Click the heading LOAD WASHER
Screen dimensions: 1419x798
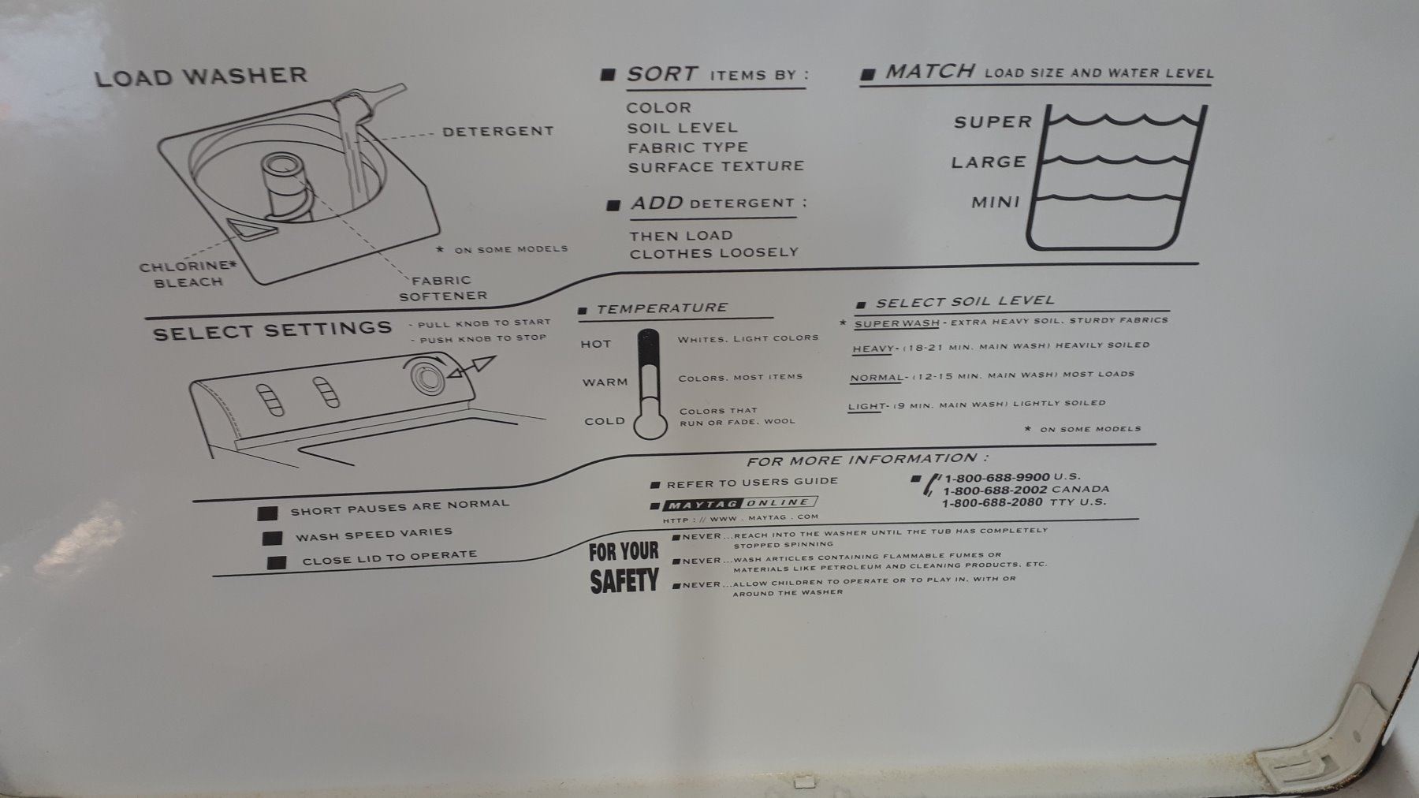[201, 76]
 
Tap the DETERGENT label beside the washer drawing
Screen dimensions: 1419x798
[498, 131]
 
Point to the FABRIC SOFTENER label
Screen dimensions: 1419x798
[443, 288]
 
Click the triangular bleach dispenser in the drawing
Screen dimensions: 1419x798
[249, 229]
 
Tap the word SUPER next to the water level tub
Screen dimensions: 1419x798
[993, 121]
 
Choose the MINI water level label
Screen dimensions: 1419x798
[996, 202]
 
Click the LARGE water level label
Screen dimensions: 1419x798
[989, 162]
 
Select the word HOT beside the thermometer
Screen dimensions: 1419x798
[596, 344]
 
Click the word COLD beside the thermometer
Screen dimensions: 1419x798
[605, 421]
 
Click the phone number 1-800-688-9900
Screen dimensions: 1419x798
[996, 477]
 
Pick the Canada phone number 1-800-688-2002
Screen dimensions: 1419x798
[995, 490]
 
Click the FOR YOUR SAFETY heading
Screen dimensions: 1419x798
[624, 567]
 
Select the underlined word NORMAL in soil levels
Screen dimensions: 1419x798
[876, 377]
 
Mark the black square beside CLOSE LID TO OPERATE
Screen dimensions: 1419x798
[277, 563]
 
